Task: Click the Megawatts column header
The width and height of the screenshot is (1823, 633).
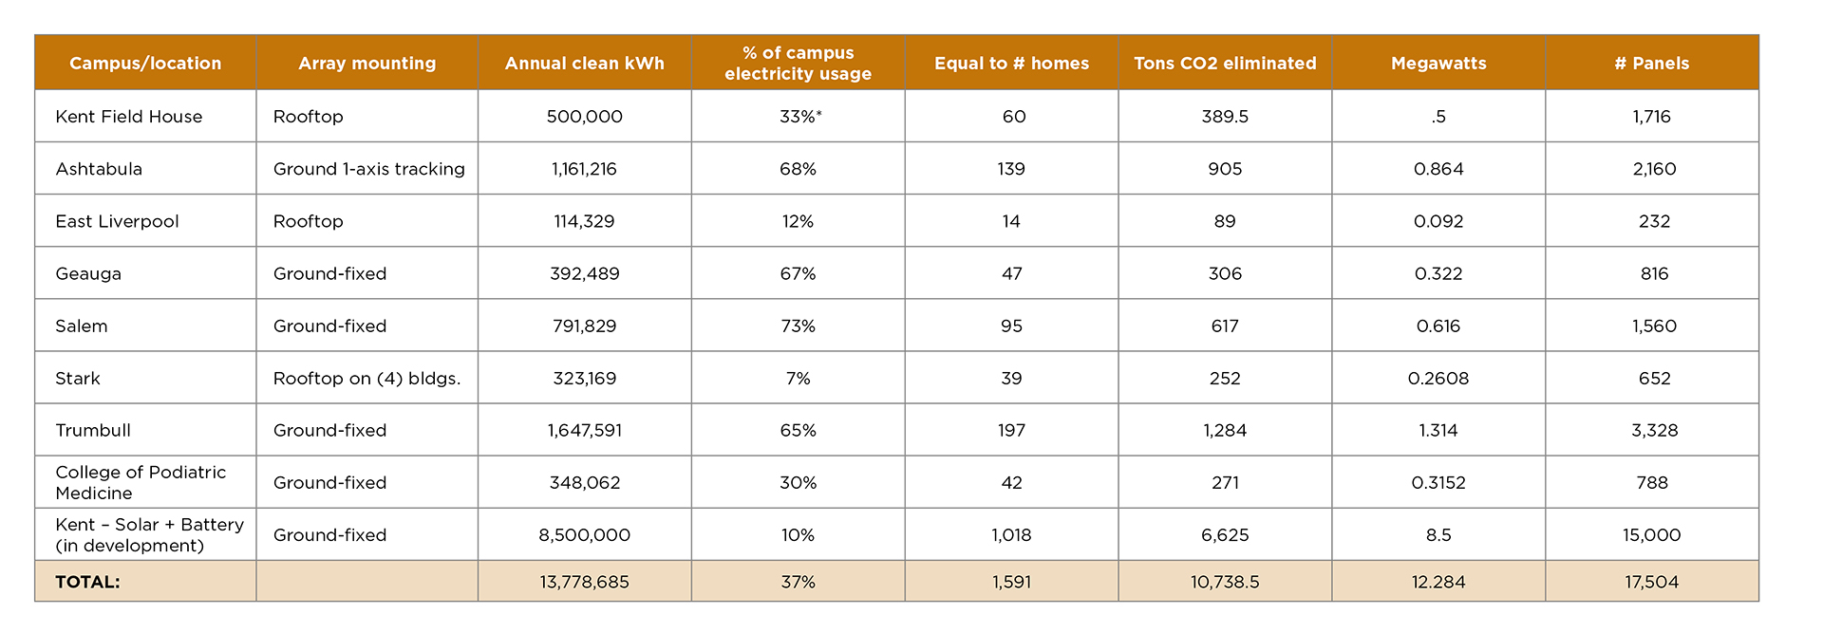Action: [x=1438, y=64]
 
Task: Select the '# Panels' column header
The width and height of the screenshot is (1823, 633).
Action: [x=1651, y=64]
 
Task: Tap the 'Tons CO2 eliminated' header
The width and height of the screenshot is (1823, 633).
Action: [x=1225, y=64]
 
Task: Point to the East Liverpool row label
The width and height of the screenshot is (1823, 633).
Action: [x=117, y=221]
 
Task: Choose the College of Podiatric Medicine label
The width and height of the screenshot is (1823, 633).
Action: [x=141, y=482]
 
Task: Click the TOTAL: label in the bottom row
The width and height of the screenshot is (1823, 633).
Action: [x=87, y=582]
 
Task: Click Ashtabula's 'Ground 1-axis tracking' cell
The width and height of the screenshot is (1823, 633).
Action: [x=368, y=169]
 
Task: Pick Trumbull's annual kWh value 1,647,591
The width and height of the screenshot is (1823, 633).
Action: [x=584, y=430]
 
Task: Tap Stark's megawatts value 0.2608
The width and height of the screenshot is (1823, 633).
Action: [x=1438, y=378]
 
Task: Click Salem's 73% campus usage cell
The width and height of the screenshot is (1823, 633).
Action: [x=798, y=326]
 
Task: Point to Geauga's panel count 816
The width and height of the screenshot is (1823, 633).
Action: [x=1653, y=273]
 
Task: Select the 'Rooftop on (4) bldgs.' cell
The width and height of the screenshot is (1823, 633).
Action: [x=366, y=378]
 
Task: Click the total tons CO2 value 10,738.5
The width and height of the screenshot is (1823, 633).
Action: [x=1225, y=582]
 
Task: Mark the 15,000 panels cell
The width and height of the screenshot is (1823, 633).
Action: [x=1651, y=534]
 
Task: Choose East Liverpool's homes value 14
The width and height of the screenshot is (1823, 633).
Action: [x=1011, y=221]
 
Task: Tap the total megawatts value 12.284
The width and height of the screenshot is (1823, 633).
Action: [x=1438, y=582]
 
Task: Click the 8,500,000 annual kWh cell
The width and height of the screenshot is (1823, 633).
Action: [x=584, y=534]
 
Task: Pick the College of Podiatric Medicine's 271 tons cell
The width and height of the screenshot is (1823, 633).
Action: [x=1225, y=482]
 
